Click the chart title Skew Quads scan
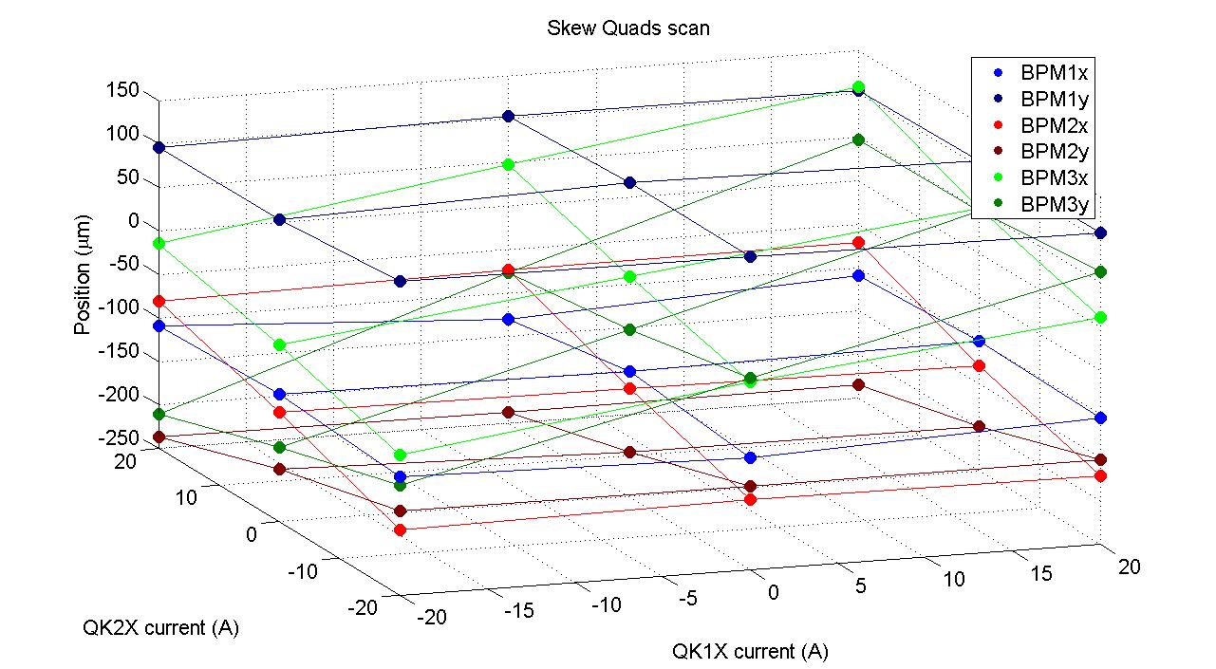coord(627,28)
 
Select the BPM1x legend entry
coord(1047,72)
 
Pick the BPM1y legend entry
coord(1047,99)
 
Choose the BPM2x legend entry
coord(1047,124)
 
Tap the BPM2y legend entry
coord(1047,151)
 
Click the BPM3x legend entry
coord(1047,177)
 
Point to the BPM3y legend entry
coord(1047,204)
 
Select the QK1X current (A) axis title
coord(750,651)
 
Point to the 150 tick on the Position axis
coord(124,91)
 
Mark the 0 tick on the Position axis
coord(134,222)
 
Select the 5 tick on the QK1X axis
coord(860,585)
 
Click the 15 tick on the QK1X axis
coord(1041,573)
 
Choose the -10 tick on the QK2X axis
coord(304,570)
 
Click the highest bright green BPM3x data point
coord(858,87)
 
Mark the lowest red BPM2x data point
coord(400,530)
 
